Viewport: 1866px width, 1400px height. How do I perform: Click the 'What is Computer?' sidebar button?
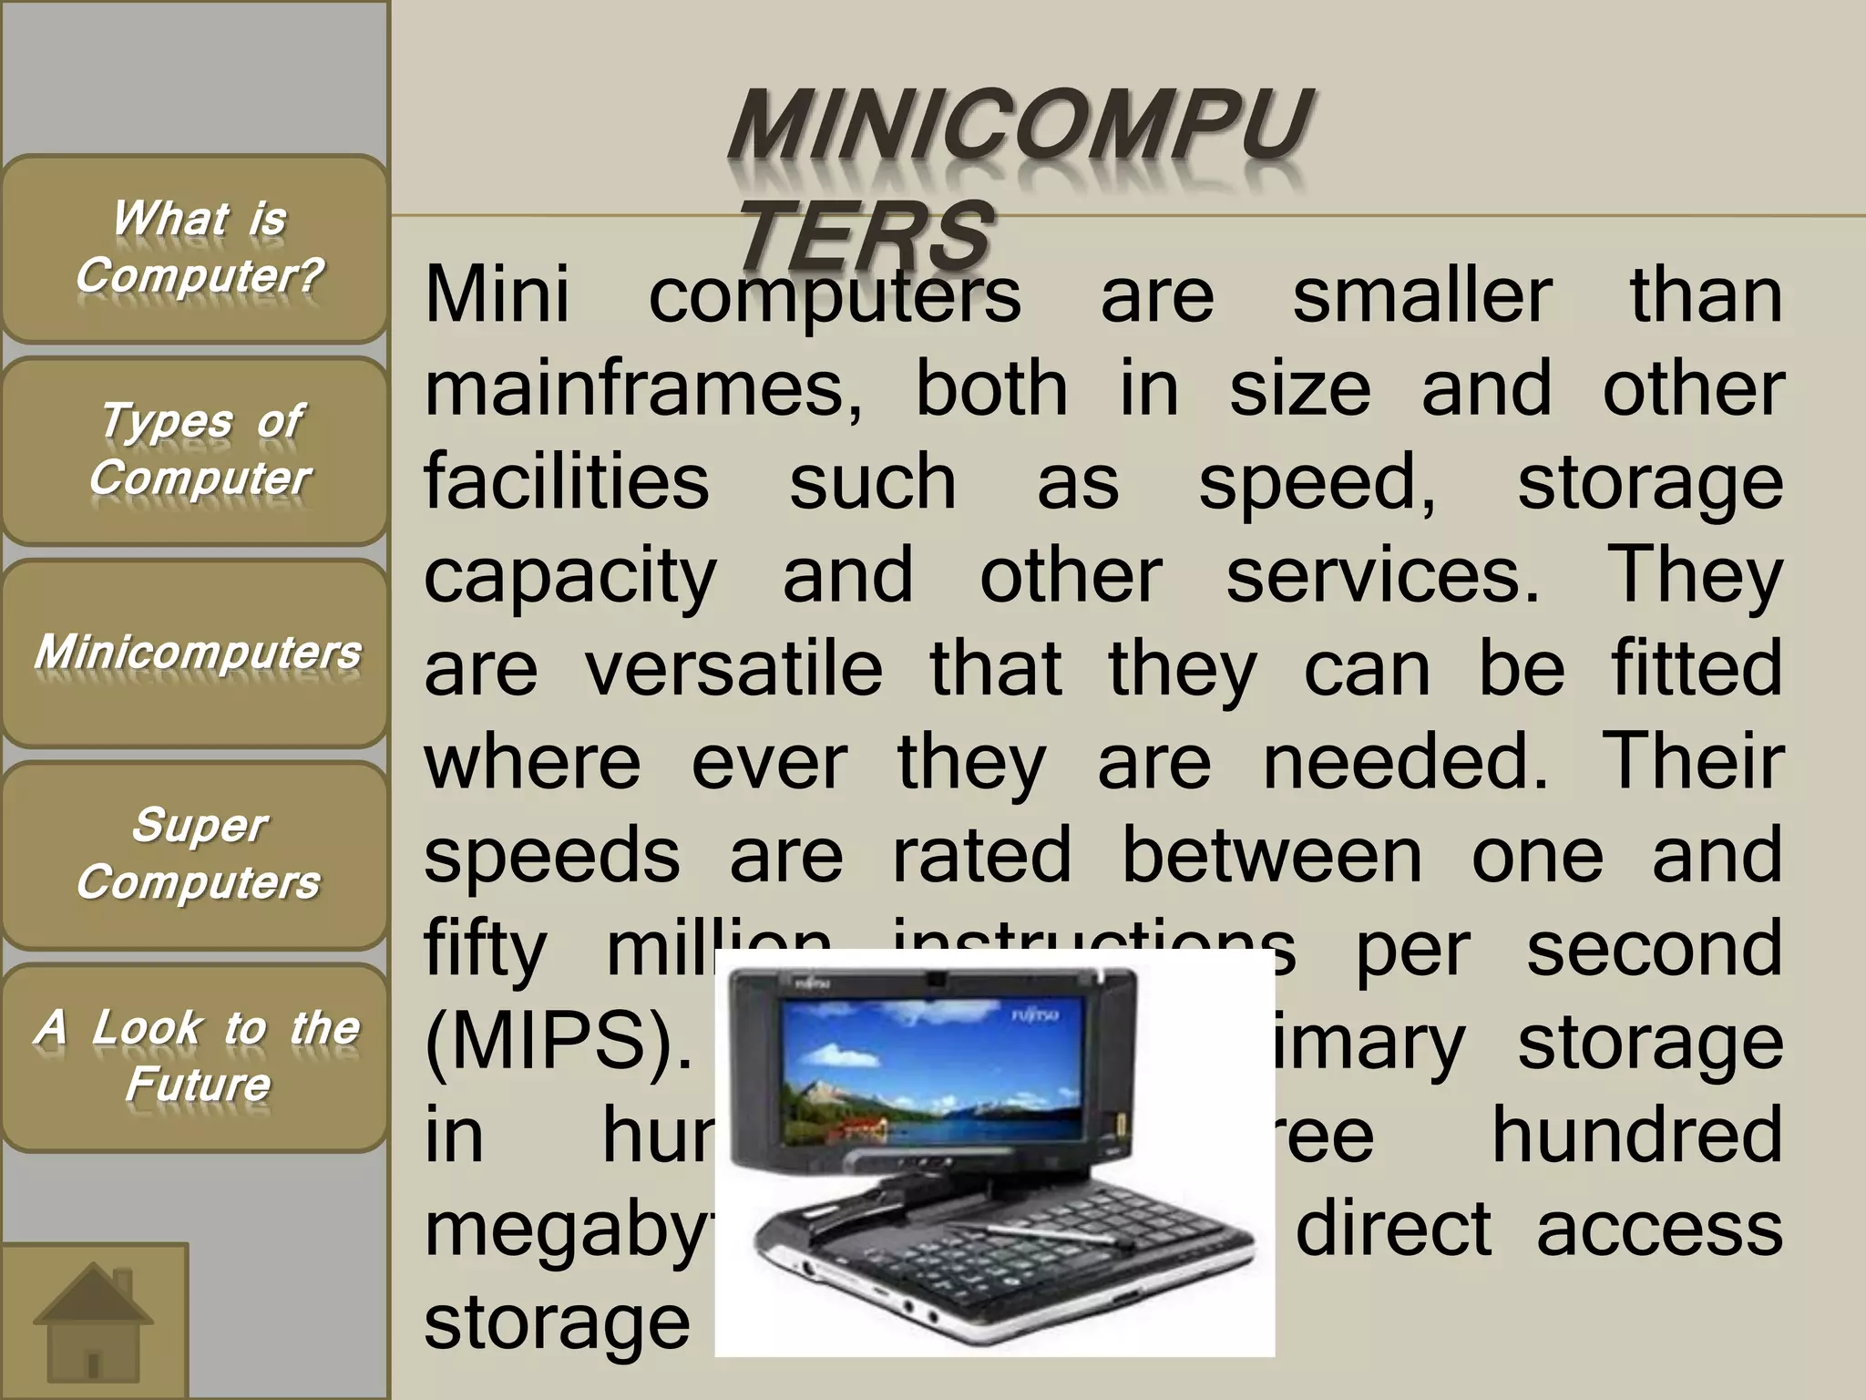(196, 248)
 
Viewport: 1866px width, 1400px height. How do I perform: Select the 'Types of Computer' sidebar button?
(196, 450)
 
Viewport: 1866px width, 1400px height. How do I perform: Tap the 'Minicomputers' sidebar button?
(196, 653)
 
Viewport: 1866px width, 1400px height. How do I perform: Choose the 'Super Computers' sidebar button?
(196, 855)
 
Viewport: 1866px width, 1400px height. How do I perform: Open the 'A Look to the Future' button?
(196, 1057)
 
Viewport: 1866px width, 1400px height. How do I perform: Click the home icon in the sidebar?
(93, 1320)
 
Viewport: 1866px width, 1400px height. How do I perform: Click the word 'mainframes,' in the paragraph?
(642, 390)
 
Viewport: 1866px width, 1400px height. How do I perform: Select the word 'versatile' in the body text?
(733, 669)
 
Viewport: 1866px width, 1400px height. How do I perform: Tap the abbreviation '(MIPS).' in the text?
(559, 1042)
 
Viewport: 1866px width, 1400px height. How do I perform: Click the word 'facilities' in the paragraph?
(566, 483)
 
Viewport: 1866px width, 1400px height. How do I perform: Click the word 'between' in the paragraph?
(1271, 856)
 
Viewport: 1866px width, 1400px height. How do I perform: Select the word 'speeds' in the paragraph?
(551, 858)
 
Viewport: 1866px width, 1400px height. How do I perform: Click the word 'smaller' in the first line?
(1422, 296)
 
